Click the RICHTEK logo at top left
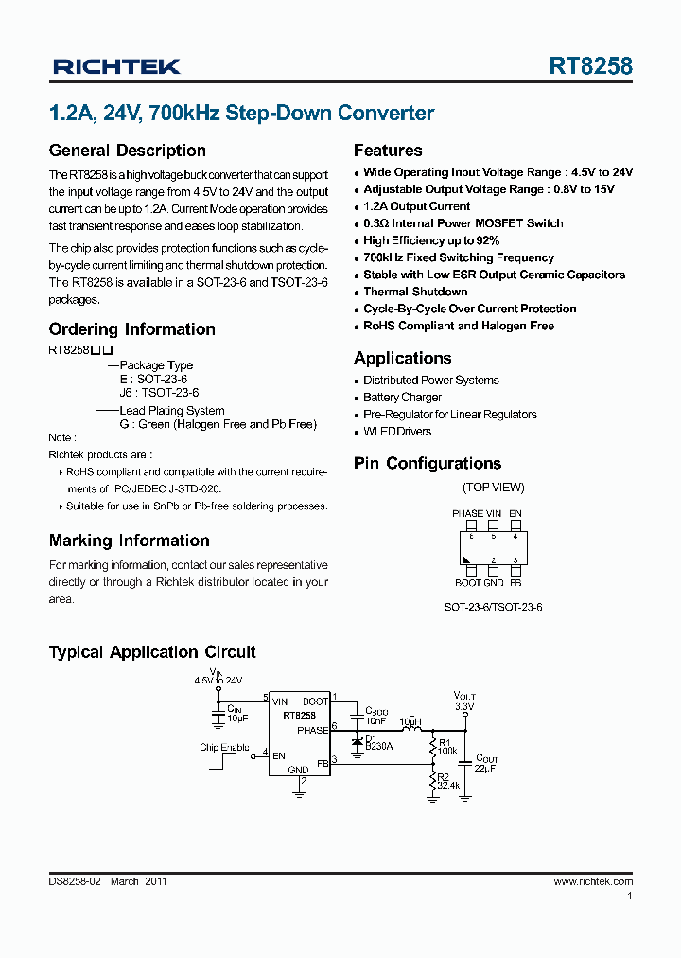[116, 66]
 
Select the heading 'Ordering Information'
[131, 329]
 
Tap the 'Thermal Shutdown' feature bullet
[415, 292]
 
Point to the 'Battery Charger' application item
[402, 398]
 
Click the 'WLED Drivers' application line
[397, 432]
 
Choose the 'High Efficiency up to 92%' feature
[431, 240]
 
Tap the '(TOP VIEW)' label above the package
[493, 488]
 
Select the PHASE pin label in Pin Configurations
[468, 513]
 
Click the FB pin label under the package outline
[515, 583]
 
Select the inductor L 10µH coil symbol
[410, 729]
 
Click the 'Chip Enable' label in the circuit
[224, 748]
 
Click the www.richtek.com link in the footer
[593, 881]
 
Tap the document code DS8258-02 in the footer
[75, 881]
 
